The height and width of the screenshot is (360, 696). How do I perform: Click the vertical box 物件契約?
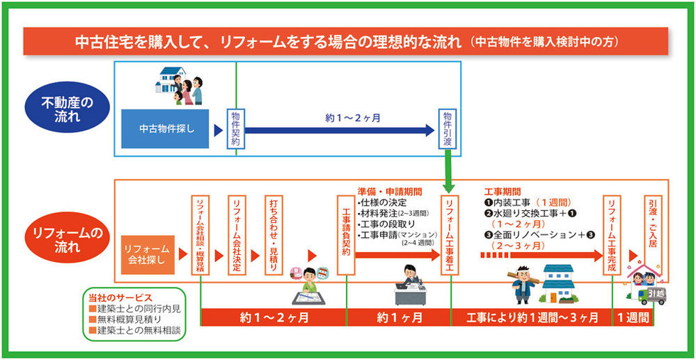[x=236, y=129]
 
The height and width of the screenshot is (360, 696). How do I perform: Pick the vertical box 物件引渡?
[x=447, y=129]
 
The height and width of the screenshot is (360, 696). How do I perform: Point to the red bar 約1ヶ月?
[x=399, y=317]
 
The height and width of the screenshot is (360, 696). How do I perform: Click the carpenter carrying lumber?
[x=522, y=283]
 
